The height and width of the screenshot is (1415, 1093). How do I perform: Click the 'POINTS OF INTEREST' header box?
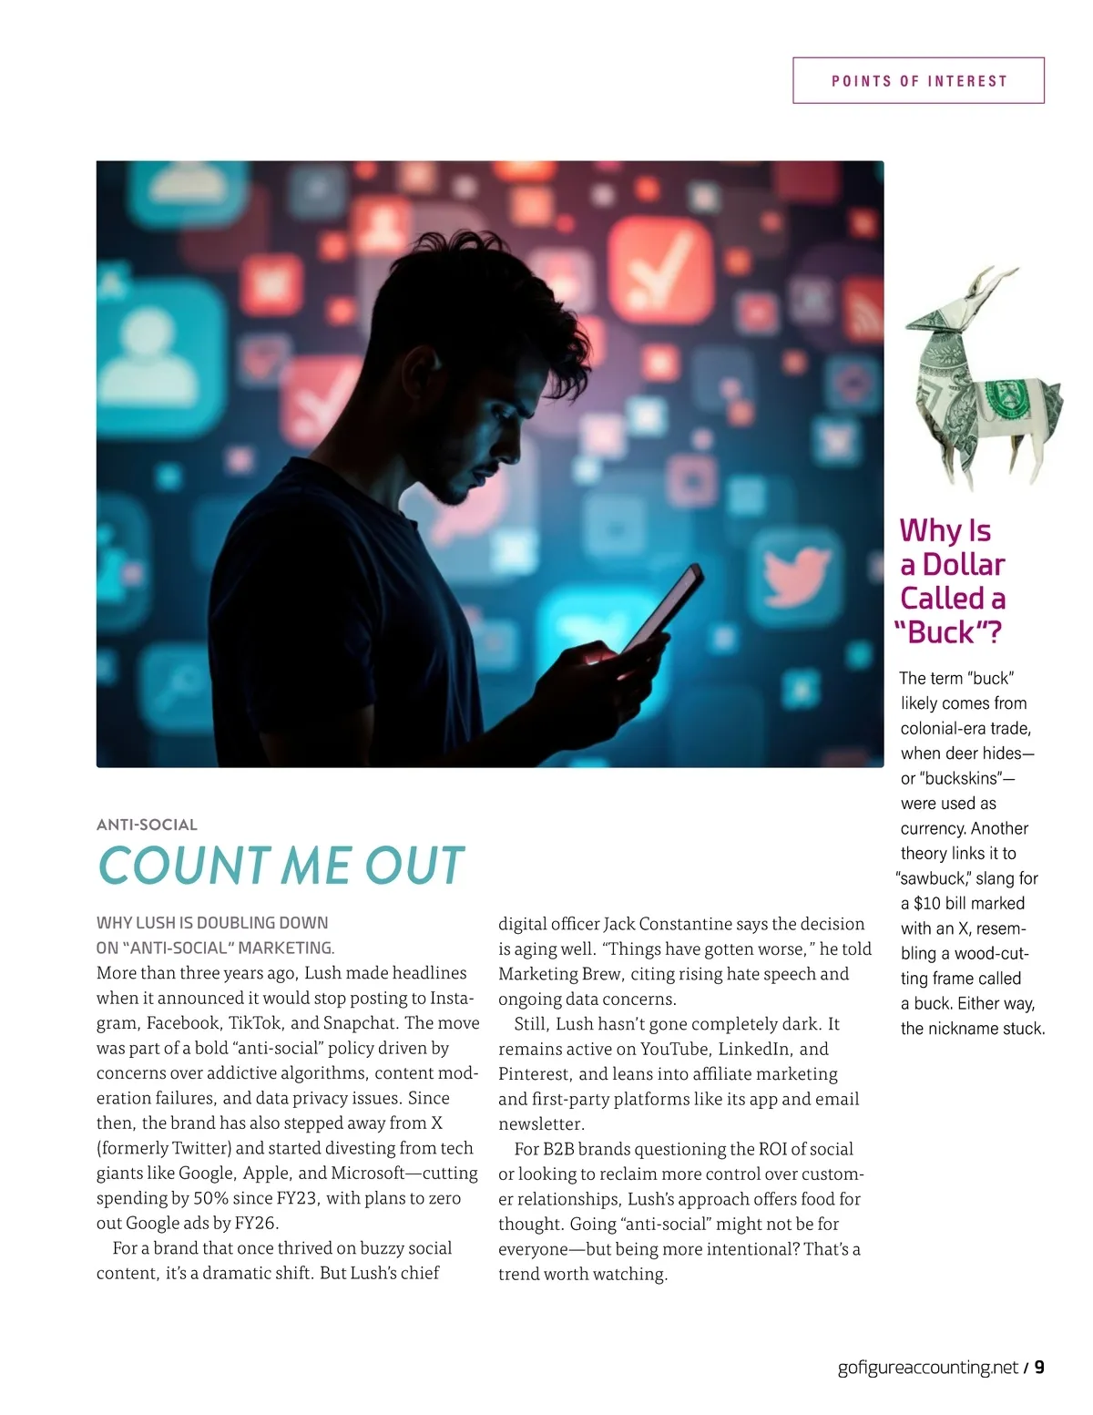tap(918, 80)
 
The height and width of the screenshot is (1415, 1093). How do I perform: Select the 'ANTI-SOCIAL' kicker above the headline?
tap(147, 825)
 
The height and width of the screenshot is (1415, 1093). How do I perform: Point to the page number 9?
tap(1039, 1367)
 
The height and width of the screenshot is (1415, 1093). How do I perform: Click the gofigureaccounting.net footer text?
tap(927, 1367)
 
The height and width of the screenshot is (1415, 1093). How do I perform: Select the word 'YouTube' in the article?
tap(673, 1049)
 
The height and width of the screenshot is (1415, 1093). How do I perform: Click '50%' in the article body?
tap(210, 1198)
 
